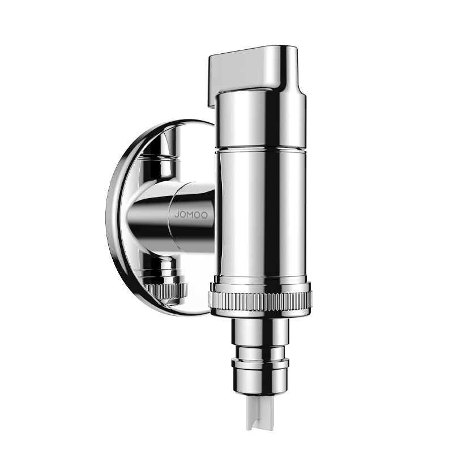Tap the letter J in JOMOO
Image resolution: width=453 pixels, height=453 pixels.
pos(176,215)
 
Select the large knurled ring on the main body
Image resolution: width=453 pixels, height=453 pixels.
pos(260,299)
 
